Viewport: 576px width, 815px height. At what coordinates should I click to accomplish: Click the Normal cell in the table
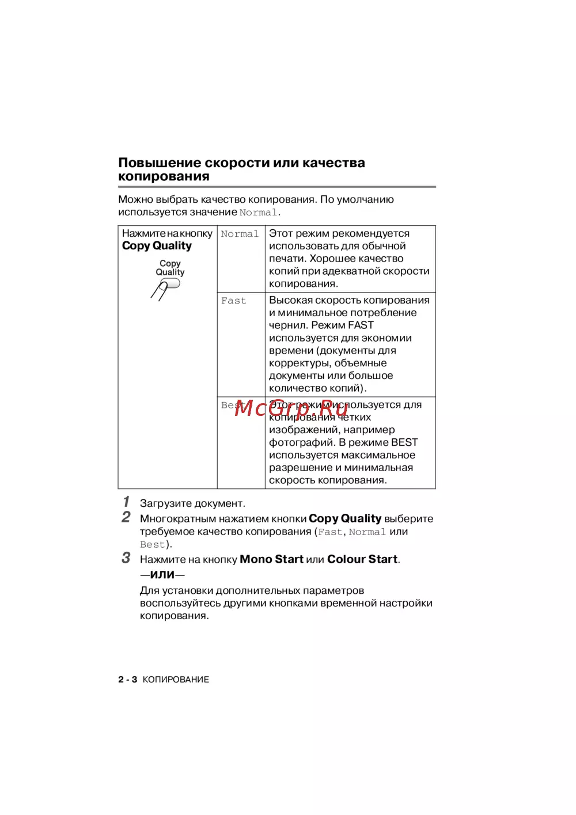240,234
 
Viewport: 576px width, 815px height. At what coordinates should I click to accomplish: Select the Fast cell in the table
233,301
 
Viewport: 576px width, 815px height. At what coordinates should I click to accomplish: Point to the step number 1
126,502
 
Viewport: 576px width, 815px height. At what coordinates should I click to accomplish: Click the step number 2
126,517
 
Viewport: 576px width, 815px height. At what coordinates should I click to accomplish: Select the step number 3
126,558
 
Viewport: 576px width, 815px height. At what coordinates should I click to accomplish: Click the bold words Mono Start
271,559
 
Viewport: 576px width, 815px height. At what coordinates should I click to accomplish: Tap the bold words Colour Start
362,559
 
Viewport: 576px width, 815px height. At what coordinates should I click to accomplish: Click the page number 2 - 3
128,680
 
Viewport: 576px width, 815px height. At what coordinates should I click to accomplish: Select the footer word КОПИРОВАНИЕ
176,680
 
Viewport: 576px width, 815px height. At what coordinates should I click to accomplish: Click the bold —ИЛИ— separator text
162,575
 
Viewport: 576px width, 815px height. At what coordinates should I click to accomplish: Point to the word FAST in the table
361,325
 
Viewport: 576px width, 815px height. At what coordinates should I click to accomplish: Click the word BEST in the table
404,442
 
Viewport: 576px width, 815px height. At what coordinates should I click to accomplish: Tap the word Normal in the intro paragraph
258,213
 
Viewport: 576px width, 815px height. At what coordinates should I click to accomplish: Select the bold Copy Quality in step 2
345,518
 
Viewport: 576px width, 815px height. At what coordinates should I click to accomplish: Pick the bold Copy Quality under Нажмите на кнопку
157,246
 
